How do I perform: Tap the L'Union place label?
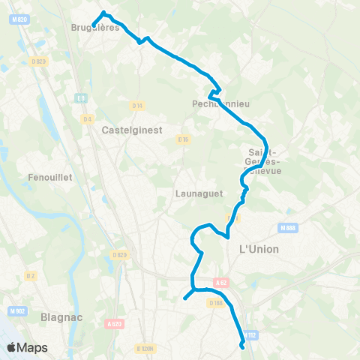click(258, 248)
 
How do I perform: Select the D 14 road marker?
click(137, 105)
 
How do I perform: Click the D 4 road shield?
click(88, 118)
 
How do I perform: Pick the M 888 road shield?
click(286, 227)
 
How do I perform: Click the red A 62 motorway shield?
click(220, 282)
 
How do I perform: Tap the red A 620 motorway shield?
click(114, 324)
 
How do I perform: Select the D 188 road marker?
click(216, 302)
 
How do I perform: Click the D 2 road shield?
click(31, 276)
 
